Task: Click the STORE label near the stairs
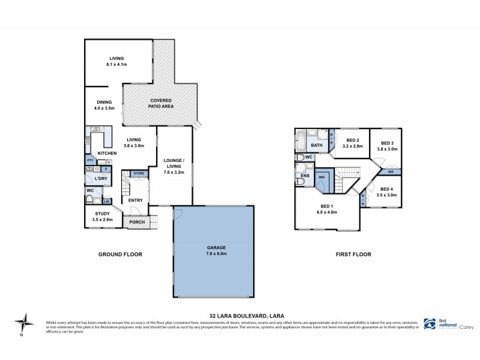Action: point(139,173)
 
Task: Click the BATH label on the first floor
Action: point(317,145)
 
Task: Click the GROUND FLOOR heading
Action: point(120,254)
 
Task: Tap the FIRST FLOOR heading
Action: point(353,254)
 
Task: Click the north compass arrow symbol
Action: point(23,323)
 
